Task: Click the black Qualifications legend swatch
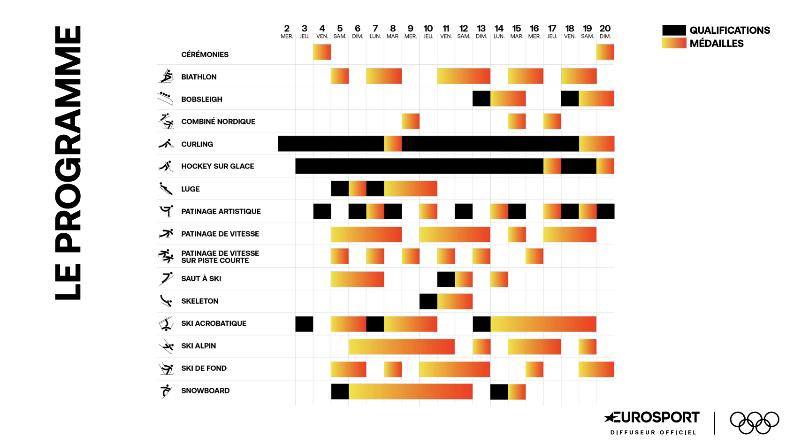pyautogui.click(x=674, y=30)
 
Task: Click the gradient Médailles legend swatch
pyautogui.click(x=674, y=43)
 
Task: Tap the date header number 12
pyautogui.click(x=464, y=29)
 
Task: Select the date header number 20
pyautogui.click(x=605, y=29)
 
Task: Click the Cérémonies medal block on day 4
pyautogui.click(x=322, y=52)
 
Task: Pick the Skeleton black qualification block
pyautogui.click(x=428, y=301)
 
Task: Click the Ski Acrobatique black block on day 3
pyautogui.click(x=304, y=324)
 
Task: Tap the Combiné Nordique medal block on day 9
pyautogui.click(x=411, y=121)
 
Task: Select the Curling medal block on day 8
pyautogui.click(x=393, y=144)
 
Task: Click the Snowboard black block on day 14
pyautogui.click(x=499, y=392)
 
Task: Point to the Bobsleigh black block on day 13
pyautogui.click(x=481, y=99)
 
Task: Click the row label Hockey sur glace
pyautogui.click(x=218, y=166)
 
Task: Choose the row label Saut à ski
pyautogui.click(x=201, y=279)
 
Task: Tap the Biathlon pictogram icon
pyautogui.click(x=166, y=76)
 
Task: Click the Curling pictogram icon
pyautogui.click(x=166, y=144)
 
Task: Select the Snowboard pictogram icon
pyautogui.click(x=166, y=391)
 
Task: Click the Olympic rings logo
pyautogui.click(x=754, y=422)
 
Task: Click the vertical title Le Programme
pyautogui.click(x=68, y=163)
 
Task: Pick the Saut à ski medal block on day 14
pyautogui.click(x=499, y=279)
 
